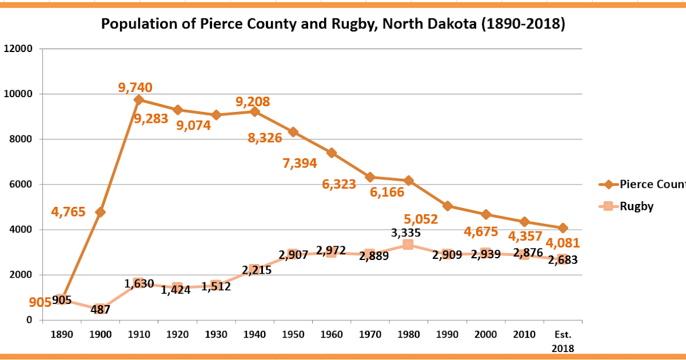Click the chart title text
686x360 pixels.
pos(333,25)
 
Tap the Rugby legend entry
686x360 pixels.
pos(636,206)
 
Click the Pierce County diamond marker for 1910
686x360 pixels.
pos(139,99)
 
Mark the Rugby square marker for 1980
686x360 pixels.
pos(408,245)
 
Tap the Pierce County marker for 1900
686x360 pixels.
pos(100,212)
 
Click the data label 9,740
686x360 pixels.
pos(135,87)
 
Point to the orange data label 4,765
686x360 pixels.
pos(68,212)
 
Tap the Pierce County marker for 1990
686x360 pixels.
pos(447,206)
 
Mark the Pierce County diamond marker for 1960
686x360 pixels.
pos(331,153)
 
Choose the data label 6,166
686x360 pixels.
pos(387,192)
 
